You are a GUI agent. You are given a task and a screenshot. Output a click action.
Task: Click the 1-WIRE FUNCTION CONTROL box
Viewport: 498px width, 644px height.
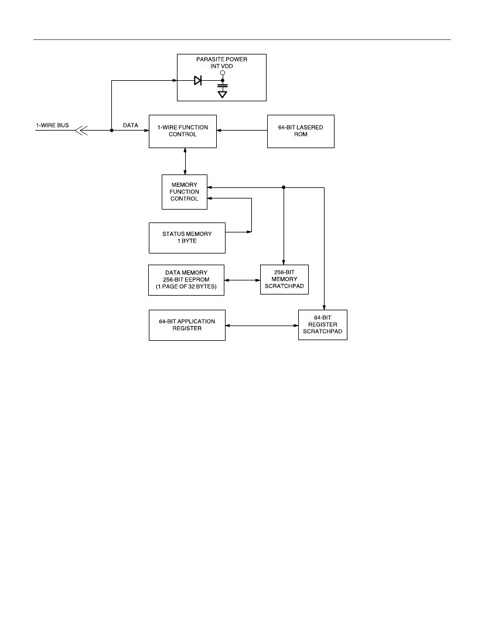pyautogui.click(x=182, y=131)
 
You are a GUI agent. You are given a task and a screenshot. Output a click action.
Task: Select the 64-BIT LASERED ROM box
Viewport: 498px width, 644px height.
pyautogui.click(x=301, y=131)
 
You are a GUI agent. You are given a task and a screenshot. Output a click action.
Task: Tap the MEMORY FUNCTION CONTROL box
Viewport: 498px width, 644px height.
pyautogui.click(x=185, y=192)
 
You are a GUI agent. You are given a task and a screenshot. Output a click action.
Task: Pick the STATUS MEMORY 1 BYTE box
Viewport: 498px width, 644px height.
pyautogui.click(x=187, y=238)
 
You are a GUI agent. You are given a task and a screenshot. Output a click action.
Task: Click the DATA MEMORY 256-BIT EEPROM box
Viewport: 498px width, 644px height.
pyautogui.click(x=186, y=280)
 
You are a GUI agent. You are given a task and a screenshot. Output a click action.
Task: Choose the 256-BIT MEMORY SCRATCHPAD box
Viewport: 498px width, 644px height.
pyautogui.click(x=284, y=279)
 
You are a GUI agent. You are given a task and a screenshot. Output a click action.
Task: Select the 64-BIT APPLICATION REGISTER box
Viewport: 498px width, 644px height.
pyautogui.click(x=187, y=325)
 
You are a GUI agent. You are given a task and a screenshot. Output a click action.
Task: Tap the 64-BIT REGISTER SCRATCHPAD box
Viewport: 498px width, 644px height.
pyautogui.click(x=323, y=325)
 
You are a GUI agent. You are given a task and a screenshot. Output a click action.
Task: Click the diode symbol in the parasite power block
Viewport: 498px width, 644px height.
pyautogui.click(x=197, y=81)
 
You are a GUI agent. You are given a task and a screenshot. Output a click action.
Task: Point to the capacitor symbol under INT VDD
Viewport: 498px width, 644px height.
pyautogui.click(x=222, y=86)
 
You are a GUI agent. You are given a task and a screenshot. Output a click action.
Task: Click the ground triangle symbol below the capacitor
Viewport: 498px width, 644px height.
pyautogui.click(x=222, y=94)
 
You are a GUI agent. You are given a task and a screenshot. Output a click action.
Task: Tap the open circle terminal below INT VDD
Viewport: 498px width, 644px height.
pyautogui.click(x=222, y=73)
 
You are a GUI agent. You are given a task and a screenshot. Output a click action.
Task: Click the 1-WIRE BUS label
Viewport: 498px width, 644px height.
pyautogui.click(x=52, y=125)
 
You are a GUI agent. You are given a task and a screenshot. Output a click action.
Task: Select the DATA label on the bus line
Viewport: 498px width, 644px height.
pyautogui.click(x=130, y=125)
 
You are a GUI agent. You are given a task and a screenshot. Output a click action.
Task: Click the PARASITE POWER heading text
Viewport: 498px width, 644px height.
pyautogui.click(x=221, y=59)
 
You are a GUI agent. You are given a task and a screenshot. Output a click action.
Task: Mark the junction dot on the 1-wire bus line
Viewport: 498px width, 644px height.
pyautogui.click(x=111, y=130)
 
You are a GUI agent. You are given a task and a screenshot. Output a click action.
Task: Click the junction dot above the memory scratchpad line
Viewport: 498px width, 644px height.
pyautogui.click(x=284, y=187)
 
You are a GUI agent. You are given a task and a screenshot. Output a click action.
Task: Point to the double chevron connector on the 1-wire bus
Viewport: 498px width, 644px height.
pyautogui.click(x=81, y=130)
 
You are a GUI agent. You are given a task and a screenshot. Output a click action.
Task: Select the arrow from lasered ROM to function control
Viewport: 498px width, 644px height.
pyautogui.click(x=241, y=130)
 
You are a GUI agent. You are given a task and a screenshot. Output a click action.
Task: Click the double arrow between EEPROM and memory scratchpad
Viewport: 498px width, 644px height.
pyautogui.click(x=242, y=280)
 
